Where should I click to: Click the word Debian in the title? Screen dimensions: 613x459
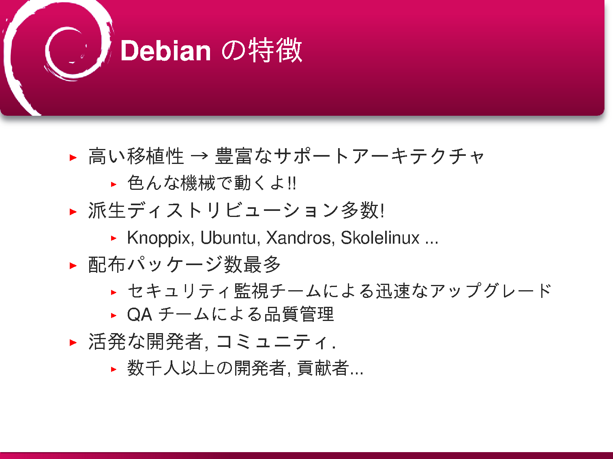(x=165, y=51)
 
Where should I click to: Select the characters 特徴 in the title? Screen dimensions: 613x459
(x=275, y=51)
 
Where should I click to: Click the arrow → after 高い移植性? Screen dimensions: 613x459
(x=199, y=156)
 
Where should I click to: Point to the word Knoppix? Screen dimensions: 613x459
(x=159, y=238)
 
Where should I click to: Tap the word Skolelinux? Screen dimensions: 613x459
(x=380, y=238)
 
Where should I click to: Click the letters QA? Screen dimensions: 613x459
(x=139, y=315)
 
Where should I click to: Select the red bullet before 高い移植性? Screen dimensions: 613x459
(x=73, y=157)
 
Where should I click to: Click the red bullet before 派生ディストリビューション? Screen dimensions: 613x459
(x=73, y=212)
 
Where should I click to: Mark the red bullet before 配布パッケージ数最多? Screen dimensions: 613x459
(x=73, y=266)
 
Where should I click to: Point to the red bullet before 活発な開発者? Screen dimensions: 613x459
(x=73, y=342)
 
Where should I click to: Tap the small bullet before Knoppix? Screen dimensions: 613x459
(x=114, y=238)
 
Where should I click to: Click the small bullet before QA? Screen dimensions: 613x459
(x=114, y=315)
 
